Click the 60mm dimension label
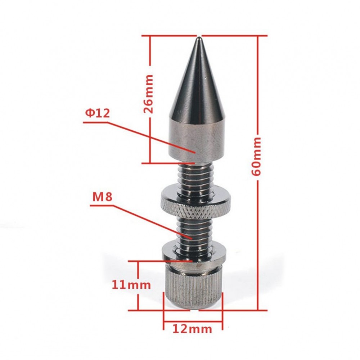click(x=257, y=156)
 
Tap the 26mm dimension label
click(x=148, y=94)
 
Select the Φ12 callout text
click(x=97, y=113)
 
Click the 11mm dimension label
click(x=131, y=285)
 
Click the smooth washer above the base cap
click(x=195, y=249)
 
